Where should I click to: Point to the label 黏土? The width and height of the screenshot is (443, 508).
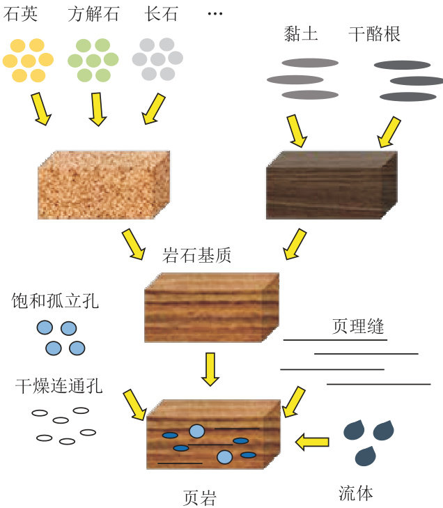pos(301,33)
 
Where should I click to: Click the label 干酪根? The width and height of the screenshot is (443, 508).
pos(375,33)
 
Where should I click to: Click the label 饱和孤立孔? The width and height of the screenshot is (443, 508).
pos(56,301)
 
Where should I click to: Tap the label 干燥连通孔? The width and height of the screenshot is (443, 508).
pos(59,385)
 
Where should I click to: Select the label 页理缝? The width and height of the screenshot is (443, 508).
pos(358,327)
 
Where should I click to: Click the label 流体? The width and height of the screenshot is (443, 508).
pos(355,493)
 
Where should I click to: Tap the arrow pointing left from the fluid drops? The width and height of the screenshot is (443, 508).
pos(311,440)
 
